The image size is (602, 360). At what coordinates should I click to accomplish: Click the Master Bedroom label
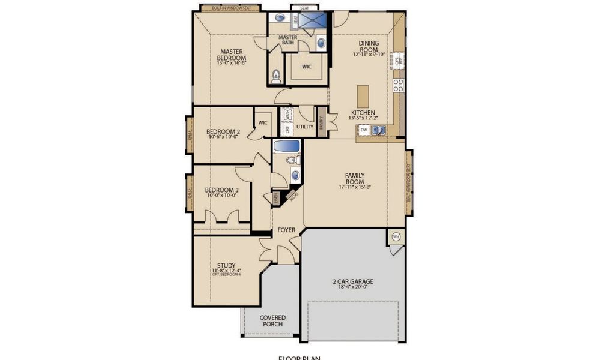click(x=231, y=55)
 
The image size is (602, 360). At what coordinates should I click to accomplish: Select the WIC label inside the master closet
click(x=306, y=67)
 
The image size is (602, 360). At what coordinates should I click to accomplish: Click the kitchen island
click(x=363, y=95)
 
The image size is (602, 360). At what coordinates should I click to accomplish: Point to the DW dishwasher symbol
click(x=364, y=130)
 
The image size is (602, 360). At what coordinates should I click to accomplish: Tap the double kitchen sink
click(x=378, y=130)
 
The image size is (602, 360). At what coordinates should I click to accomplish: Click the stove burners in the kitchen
click(x=397, y=84)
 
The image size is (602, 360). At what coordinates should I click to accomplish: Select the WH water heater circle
click(x=396, y=236)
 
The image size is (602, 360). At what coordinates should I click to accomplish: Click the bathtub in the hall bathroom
click(x=287, y=146)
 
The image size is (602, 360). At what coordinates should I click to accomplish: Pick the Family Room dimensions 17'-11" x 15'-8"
click(x=354, y=187)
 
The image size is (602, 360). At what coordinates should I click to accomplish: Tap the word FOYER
click(x=286, y=230)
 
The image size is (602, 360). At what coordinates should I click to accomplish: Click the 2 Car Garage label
click(x=353, y=281)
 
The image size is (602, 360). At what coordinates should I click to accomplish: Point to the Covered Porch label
click(x=272, y=320)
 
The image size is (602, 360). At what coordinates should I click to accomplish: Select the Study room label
click(x=226, y=265)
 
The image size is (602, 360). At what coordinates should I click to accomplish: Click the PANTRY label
click(x=321, y=123)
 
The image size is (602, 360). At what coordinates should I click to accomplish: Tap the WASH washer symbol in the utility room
click(x=287, y=113)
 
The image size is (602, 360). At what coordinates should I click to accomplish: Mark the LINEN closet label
click(x=275, y=197)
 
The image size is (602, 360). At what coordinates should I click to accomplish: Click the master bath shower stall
click(x=314, y=21)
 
